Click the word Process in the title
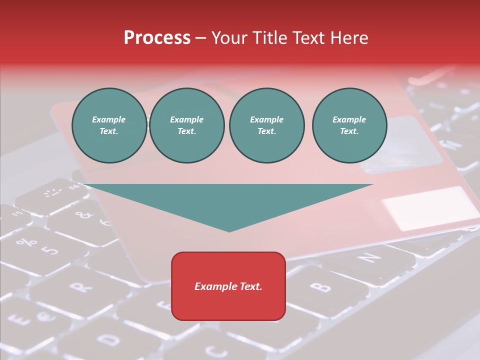pyautogui.click(x=157, y=38)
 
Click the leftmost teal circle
pyautogui.click(x=109, y=125)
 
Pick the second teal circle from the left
pyautogui.click(x=187, y=125)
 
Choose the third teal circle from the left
pyautogui.click(x=266, y=125)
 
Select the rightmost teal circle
pyautogui.click(x=349, y=125)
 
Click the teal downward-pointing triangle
pyautogui.click(x=229, y=202)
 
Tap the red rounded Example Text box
pyautogui.click(x=228, y=286)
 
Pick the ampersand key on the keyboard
pyautogui.click(x=85, y=216)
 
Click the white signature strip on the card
pyautogui.click(x=430, y=208)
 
